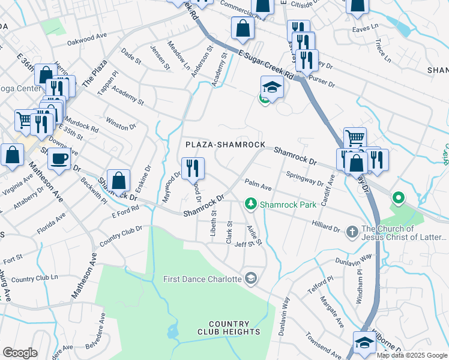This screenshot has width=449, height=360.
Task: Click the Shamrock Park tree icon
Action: (252, 205)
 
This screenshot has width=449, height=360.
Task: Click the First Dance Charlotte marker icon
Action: (251, 278)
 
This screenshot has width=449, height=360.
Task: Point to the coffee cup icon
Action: (59, 159)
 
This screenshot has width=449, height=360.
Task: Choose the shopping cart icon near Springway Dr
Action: (355, 137)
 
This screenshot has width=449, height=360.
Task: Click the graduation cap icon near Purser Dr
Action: (272, 86)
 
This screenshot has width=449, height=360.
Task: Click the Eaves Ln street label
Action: (366, 27)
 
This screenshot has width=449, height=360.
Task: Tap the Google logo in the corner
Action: (20, 352)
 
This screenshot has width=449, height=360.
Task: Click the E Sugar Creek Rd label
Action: (264, 64)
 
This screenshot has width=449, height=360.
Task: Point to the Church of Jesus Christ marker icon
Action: (352, 230)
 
